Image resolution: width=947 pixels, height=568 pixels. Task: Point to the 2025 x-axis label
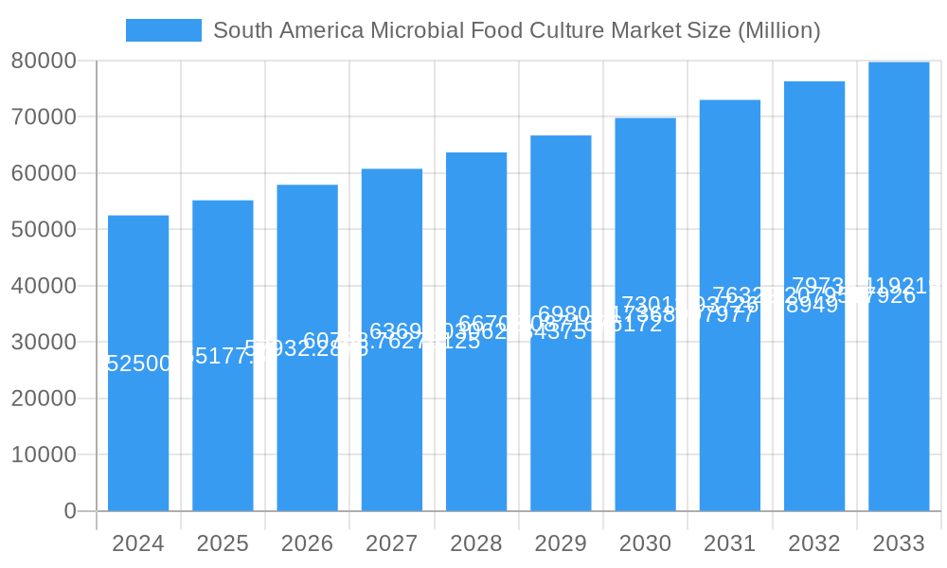[x=223, y=543]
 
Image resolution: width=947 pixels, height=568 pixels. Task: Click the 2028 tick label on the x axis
[x=476, y=543]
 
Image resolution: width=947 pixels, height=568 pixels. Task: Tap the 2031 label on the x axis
[x=729, y=543]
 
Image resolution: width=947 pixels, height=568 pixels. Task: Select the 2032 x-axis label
[x=814, y=543]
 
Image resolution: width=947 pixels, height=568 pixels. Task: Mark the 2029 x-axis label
[x=561, y=543]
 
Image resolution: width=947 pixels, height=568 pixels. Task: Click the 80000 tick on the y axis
[x=43, y=61]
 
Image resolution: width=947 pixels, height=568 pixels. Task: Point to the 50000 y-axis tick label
[x=43, y=229]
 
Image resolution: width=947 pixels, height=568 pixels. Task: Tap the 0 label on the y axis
[x=70, y=511]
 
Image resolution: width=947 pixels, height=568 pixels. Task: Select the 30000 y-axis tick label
[x=43, y=342]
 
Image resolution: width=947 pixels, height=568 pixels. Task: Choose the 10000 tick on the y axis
[x=43, y=454]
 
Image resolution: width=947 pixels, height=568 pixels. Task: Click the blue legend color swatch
[x=164, y=30]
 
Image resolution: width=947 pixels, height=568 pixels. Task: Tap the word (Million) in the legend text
[x=778, y=30]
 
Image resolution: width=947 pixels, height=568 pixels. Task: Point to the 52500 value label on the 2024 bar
[x=138, y=364]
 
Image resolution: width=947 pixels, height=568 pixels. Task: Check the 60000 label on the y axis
[x=43, y=173]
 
